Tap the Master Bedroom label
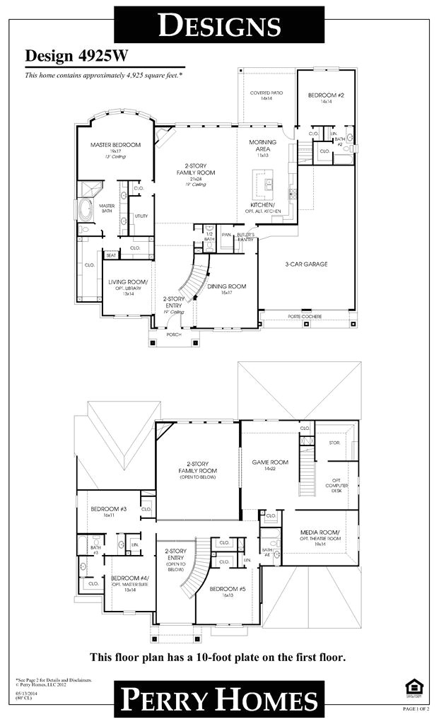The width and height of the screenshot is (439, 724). coord(115,145)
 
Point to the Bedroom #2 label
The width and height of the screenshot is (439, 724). coord(325,94)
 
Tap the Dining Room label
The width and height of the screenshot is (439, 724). coord(226,286)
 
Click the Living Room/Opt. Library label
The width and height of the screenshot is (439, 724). coord(127,286)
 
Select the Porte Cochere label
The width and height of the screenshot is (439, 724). coord(304,316)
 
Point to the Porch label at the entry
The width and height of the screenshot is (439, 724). coord(173,334)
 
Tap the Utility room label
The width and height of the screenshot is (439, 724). coord(141,215)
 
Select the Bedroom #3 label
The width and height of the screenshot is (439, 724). coord(108,509)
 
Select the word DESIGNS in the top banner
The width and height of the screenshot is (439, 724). coord(218,25)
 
